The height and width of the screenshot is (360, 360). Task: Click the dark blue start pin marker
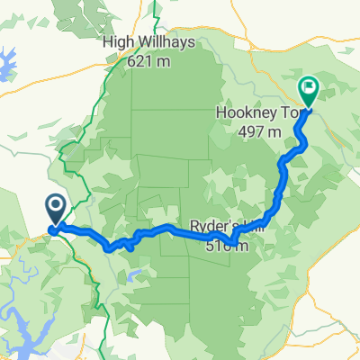(54, 213)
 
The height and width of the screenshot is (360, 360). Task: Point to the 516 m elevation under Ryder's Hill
(230, 241)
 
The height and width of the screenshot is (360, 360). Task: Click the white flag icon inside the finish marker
(309, 88)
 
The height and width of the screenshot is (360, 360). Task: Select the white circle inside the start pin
(54, 209)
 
